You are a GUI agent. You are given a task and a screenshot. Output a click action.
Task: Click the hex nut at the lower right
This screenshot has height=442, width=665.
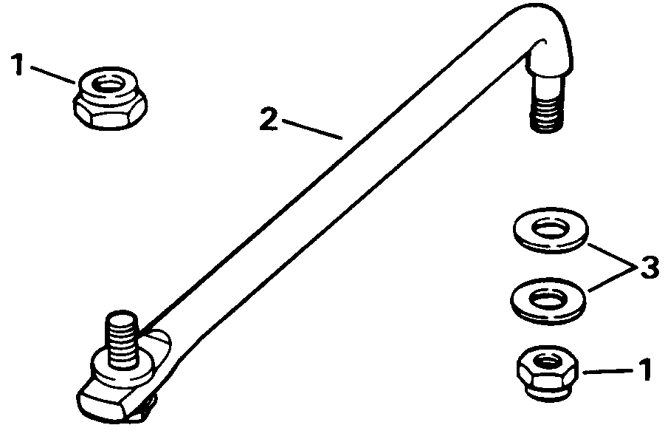click(546, 375)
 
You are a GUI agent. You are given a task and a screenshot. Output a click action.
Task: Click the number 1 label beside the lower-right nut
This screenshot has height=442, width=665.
click(644, 368)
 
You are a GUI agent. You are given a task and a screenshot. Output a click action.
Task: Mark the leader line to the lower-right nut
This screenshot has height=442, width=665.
click(607, 370)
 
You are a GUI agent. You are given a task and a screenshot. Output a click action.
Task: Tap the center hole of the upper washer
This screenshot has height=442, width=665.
click(550, 228)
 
